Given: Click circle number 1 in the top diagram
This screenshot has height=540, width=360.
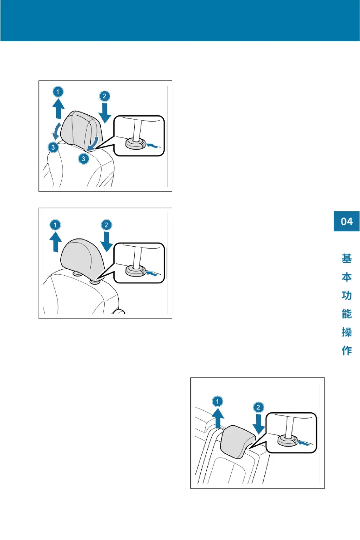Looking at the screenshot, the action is point(58,92).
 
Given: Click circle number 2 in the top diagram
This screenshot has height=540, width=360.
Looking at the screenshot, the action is point(104,96).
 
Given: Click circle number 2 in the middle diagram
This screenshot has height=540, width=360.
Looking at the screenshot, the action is point(104,224).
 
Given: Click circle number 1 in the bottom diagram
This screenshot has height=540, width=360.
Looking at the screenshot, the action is point(218,401).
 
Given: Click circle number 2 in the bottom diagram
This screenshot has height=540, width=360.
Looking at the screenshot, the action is point(258,407).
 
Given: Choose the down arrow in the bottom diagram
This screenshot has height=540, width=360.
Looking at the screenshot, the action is point(258,424).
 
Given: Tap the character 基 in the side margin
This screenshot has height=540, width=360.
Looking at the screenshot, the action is point(347,259).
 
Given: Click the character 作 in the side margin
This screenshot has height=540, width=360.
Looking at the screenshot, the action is point(347,350).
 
